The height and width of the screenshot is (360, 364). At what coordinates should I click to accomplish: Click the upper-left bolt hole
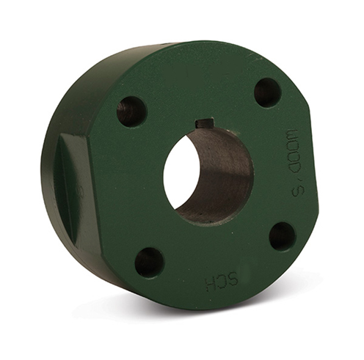pyautogui.click(x=131, y=111)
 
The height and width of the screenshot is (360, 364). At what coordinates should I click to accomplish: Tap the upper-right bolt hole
pyautogui.click(x=267, y=92)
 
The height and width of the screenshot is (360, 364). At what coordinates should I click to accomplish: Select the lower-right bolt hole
pyautogui.click(x=282, y=236)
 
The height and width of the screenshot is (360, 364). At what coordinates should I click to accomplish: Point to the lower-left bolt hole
pyautogui.click(x=149, y=262)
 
